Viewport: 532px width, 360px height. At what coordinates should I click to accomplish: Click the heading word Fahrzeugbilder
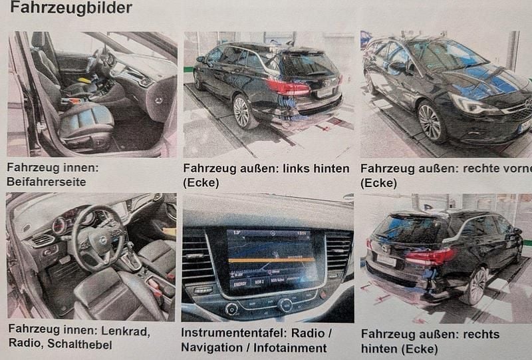(71, 7)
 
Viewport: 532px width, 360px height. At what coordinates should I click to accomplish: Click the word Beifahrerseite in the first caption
(47, 182)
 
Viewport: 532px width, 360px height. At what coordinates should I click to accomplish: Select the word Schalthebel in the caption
(80, 344)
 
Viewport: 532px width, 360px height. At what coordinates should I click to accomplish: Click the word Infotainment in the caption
(290, 347)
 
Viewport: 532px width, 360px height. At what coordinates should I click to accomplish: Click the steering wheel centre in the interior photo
(101, 240)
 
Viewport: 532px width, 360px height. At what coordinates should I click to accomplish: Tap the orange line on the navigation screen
(272, 260)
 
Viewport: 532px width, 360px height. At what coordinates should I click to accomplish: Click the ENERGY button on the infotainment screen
(239, 284)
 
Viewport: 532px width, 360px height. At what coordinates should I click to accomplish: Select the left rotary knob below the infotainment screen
(231, 309)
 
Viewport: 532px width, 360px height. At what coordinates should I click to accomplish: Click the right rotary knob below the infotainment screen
(285, 305)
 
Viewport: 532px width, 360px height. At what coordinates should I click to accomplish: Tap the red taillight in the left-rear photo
(288, 87)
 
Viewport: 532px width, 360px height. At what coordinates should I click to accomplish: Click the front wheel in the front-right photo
(430, 122)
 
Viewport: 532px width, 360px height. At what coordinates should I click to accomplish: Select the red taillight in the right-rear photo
(431, 257)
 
